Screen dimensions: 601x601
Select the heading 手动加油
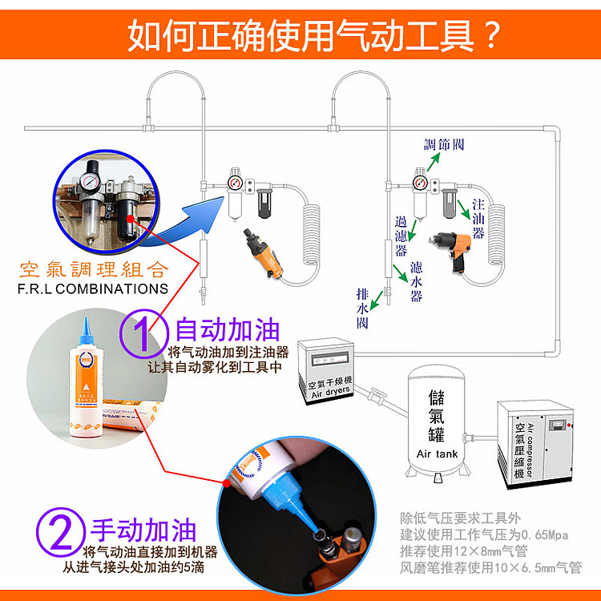143,530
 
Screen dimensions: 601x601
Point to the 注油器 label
478,217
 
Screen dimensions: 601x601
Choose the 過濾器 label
402,229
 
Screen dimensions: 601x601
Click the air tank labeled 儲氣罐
437,417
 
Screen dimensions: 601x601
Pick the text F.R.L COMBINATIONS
95,288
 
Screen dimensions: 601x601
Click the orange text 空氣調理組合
95,268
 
